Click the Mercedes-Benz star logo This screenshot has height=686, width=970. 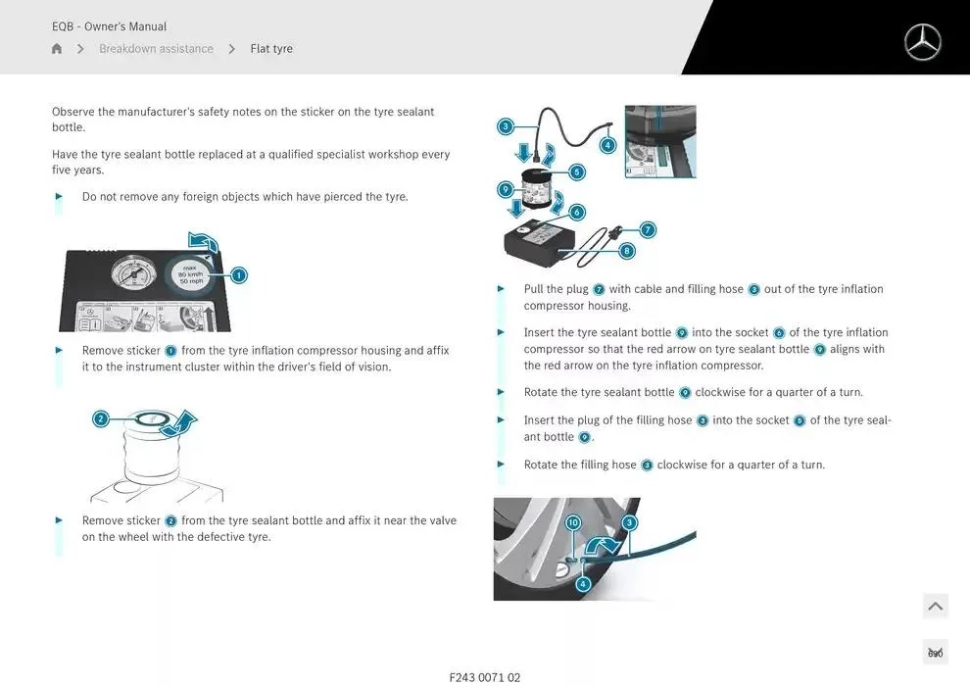[x=922, y=42]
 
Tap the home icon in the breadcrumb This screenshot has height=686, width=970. [x=57, y=48]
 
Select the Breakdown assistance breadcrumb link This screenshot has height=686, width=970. [x=156, y=48]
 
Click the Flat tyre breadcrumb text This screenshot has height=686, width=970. [x=271, y=48]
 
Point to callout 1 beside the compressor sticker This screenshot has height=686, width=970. [x=239, y=274]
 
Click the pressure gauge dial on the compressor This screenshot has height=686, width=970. [x=133, y=274]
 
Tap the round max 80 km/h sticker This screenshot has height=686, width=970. [x=191, y=274]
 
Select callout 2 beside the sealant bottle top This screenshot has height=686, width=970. [x=100, y=418]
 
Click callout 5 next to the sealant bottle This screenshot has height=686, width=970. [x=576, y=171]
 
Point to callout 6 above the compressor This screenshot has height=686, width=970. [x=576, y=213]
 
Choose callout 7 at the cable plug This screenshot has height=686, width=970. [x=647, y=230]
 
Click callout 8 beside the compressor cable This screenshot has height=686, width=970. [x=627, y=251]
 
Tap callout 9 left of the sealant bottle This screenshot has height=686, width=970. [x=506, y=189]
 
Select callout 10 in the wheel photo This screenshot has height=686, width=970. [x=573, y=522]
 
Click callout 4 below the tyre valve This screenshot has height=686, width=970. [x=583, y=583]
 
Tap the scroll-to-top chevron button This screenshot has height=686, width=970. [x=936, y=607]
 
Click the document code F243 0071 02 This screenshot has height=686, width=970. [x=485, y=677]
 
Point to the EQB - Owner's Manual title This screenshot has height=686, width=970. [x=109, y=26]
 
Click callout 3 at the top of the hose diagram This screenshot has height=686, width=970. [x=506, y=126]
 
